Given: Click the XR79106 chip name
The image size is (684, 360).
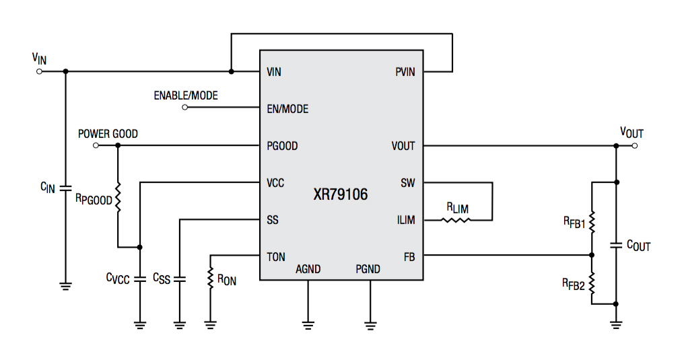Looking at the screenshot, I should click(341, 195).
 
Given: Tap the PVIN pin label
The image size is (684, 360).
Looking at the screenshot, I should click(405, 72).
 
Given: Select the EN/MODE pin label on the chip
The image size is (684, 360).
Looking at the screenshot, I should click(287, 109).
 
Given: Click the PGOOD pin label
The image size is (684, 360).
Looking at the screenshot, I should click(282, 146).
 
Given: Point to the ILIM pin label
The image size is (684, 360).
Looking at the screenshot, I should click(406, 220).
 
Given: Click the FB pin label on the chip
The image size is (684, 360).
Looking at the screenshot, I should click(409, 256).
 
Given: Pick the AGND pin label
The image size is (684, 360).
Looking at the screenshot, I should click(308, 269).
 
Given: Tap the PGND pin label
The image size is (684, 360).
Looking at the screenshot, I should click(368, 269).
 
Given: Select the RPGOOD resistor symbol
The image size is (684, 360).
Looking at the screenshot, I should click(118, 199).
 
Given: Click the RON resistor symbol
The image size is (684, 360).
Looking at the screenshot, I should click(211, 278).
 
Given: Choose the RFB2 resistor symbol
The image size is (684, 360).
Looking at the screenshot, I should click(592, 285).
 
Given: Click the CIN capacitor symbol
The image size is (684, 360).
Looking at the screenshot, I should click(65, 188).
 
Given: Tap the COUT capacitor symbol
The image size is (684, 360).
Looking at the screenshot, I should click(615, 246).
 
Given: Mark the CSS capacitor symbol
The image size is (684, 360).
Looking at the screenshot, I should click(179, 279).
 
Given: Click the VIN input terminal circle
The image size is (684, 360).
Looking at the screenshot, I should click(39, 71).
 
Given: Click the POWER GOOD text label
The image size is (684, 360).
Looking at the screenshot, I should click(108, 134).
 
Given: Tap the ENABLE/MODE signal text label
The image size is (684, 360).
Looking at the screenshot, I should click(186, 96).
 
